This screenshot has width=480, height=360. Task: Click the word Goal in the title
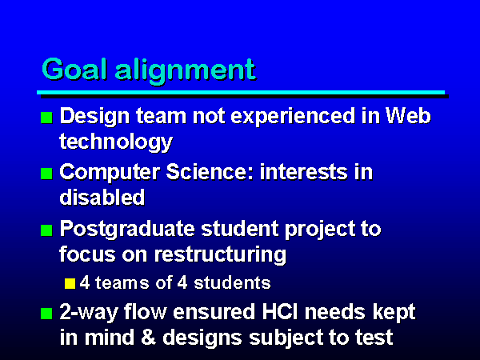point(74,69)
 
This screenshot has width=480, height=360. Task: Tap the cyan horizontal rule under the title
point(241,92)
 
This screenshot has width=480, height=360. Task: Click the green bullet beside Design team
point(46,118)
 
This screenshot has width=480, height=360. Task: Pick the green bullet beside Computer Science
point(46,174)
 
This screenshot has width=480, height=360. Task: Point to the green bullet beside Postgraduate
point(46,230)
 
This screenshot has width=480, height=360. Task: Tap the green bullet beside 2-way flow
point(46,314)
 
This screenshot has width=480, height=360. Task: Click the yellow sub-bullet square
point(70,283)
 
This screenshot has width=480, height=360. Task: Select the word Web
point(408,116)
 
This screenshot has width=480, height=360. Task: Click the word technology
point(116,142)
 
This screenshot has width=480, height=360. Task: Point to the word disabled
point(102,197)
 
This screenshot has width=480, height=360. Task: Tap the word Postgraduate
point(127,230)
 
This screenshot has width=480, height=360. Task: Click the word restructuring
point(220,255)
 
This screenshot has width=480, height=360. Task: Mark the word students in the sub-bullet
point(232,282)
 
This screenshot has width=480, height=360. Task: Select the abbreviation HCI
point(280,312)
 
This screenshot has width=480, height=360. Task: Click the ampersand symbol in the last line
point(149,338)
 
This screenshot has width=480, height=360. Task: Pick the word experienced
point(293,117)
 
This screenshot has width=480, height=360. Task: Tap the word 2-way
point(89,313)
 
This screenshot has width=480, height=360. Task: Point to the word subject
point(286,338)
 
